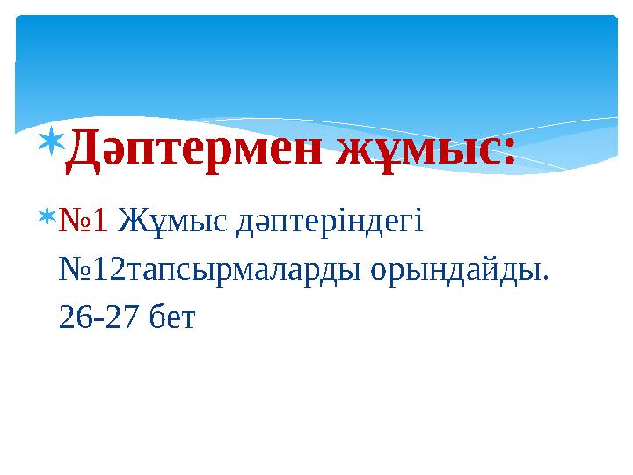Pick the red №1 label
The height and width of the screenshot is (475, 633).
tap(84, 219)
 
